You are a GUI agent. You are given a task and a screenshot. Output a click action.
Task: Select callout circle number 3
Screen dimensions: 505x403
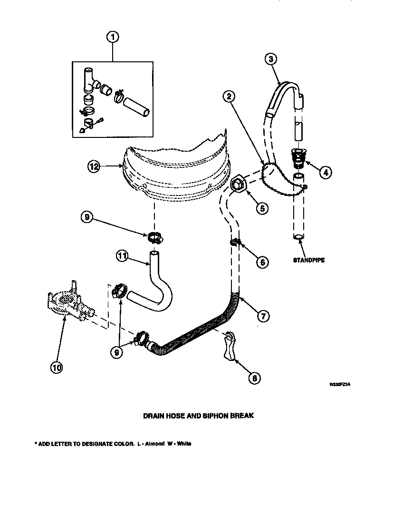[270, 59]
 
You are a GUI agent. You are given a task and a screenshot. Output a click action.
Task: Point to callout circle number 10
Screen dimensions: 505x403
[57, 367]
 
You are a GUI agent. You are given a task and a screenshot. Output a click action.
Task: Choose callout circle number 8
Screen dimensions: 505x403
[255, 378]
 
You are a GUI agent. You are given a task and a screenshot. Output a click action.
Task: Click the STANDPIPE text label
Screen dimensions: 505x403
[308, 260]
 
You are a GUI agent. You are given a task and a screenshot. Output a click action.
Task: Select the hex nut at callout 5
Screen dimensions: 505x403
[238, 184]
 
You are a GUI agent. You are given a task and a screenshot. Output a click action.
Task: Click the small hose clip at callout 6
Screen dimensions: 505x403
[234, 243]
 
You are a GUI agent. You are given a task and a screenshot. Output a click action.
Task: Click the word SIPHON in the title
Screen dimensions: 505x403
[214, 415]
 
